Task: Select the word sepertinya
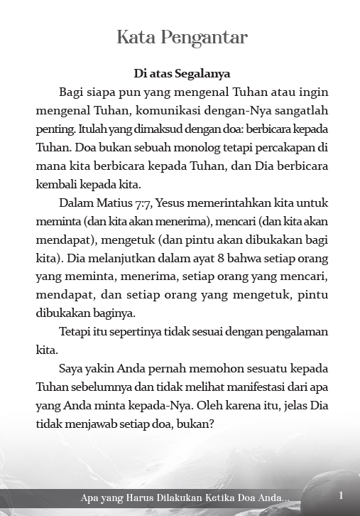pyautogui.click(x=129, y=332)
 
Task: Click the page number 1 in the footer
pyautogui.click(x=342, y=495)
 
